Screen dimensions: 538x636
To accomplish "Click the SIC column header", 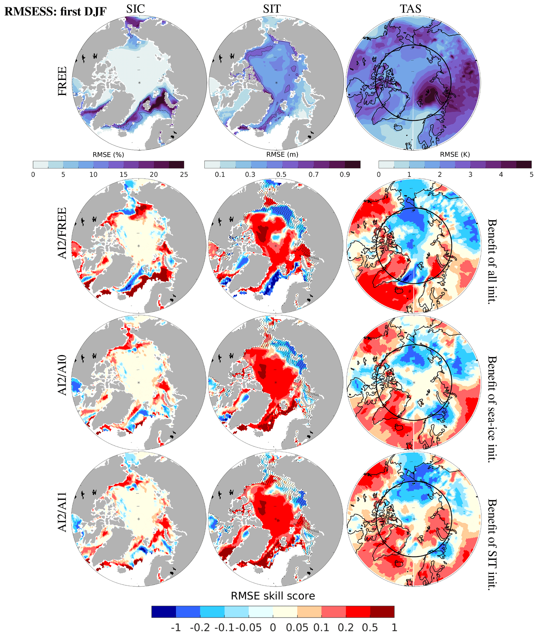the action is (x=135, y=9).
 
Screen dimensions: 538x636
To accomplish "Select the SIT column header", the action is (x=272, y=9).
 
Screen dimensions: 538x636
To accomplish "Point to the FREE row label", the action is (x=62, y=81).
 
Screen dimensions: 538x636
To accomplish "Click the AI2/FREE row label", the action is (x=62, y=233).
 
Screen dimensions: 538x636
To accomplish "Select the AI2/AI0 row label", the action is (x=62, y=375).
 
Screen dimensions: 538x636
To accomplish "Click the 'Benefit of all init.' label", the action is (x=492, y=261).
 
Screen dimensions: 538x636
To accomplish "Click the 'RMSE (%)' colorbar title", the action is (x=108, y=155).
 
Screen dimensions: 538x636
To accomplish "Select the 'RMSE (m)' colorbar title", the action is (x=282, y=154).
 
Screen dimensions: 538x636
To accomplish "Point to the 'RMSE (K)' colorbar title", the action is (x=455, y=154).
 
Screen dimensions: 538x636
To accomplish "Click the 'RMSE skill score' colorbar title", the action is (x=273, y=596).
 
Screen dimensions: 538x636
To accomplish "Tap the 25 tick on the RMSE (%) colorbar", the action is (x=184, y=174).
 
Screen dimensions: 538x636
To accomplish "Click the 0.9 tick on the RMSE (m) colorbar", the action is (x=345, y=174).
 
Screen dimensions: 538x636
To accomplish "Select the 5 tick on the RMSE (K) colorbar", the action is (x=531, y=174).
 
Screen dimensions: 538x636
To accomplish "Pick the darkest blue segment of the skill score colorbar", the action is (x=164, y=612).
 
